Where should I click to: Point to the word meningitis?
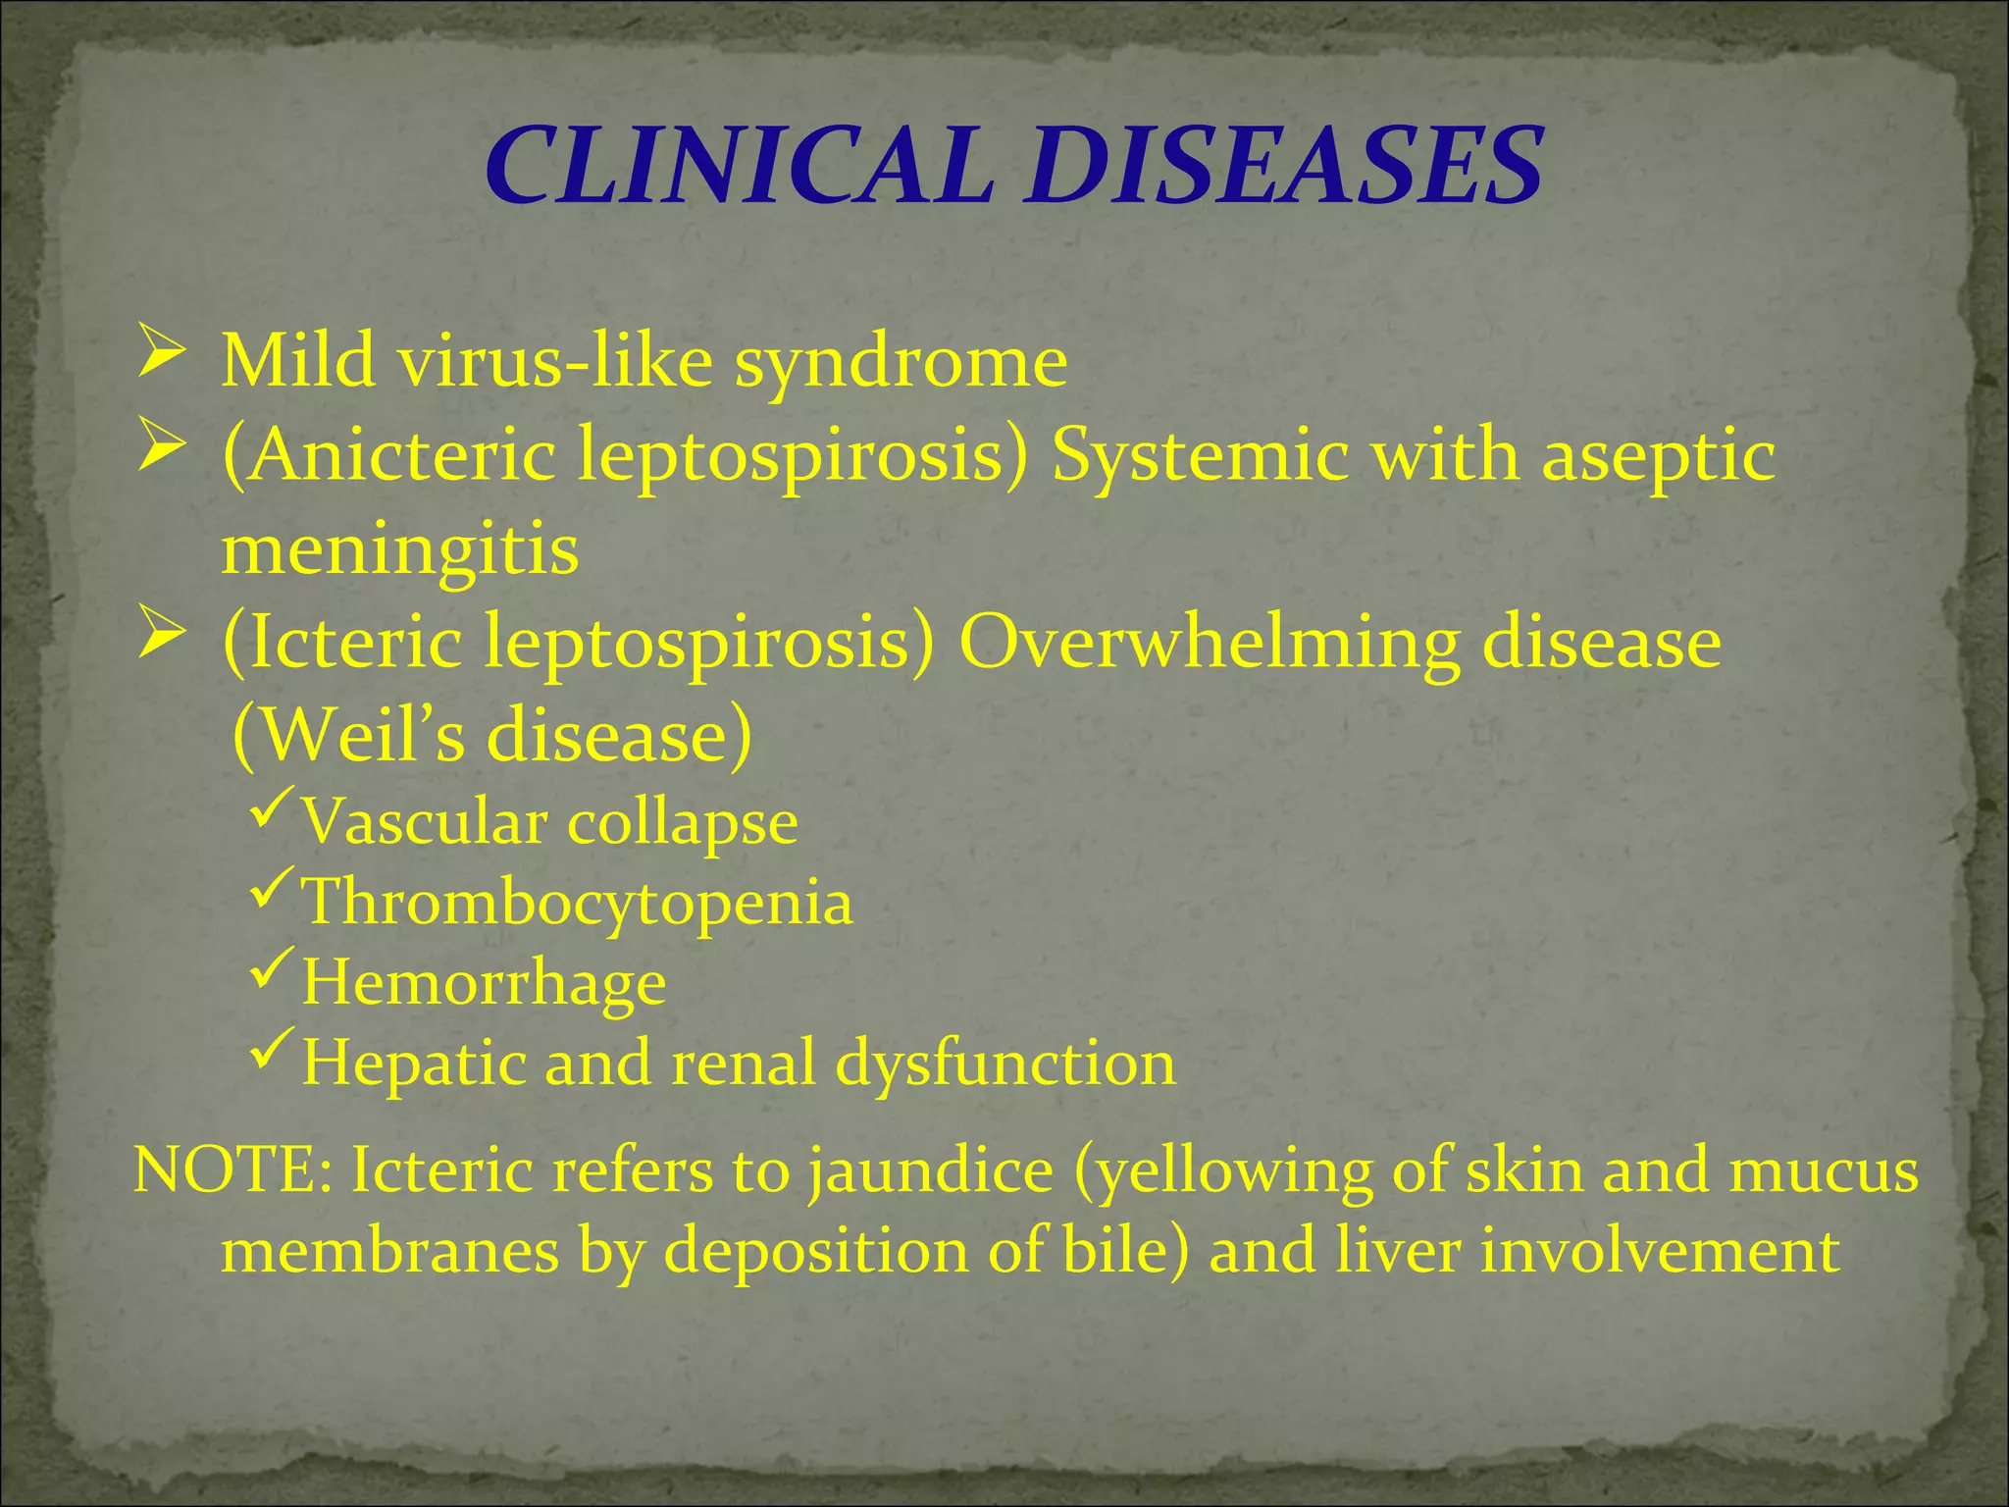[x=400, y=549]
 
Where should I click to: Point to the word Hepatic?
[x=412, y=1064]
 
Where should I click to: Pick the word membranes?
[x=390, y=1252]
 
